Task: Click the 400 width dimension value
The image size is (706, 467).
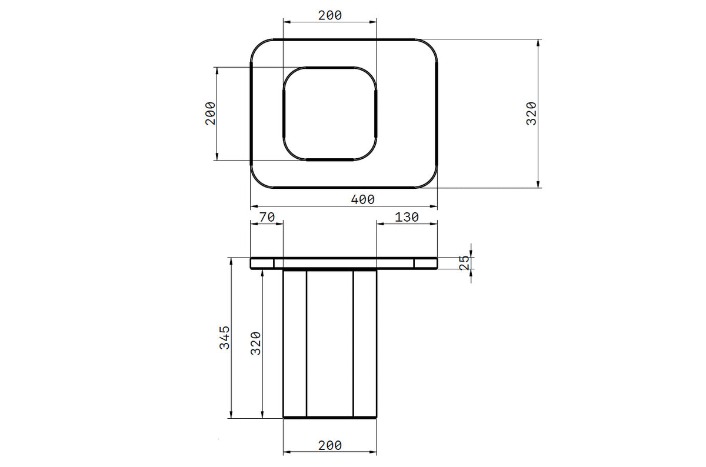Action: pyautogui.click(x=363, y=199)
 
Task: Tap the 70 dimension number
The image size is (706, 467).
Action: pyautogui.click(x=267, y=217)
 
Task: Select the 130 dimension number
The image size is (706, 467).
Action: pyautogui.click(x=407, y=217)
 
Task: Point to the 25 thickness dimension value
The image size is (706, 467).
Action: pyautogui.click(x=464, y=263)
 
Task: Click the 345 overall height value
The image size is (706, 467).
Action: pyautogui.click(x=224, y=338)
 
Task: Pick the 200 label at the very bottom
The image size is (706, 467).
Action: pyautogui.click(x=330, y=446)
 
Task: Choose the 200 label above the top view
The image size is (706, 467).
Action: pyautogui.click(x=330, y=15)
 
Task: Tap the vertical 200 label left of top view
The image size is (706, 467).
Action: pyautogui.click(x=211, y=114)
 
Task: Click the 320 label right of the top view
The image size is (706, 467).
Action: pyautogui.click(x=531, y=114)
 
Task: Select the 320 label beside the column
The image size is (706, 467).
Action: pyautogui.click(x=255, y=343)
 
